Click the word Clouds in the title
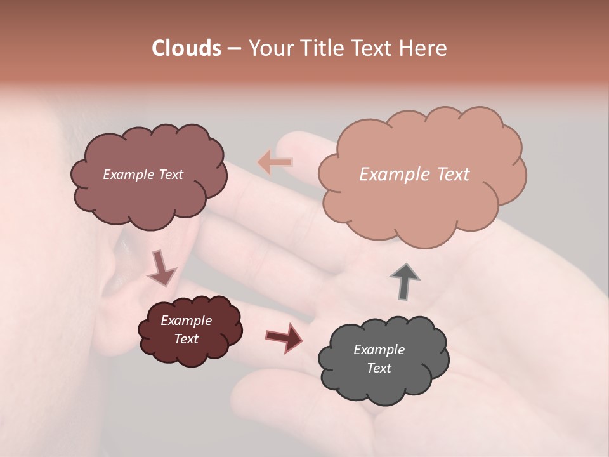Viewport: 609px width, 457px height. [x=187, y=48]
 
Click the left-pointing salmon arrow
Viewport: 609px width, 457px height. [x=275, y=162]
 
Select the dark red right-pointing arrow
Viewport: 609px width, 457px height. [x=284, y=336]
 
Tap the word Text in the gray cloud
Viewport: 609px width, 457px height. [x=379, y=368]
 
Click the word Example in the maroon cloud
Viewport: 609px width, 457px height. [x=186, y=321]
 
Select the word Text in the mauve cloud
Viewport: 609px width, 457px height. [x=170, y=175]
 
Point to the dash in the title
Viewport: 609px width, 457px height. [x=233, y=48]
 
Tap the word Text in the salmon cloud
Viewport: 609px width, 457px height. [x=452, y=175]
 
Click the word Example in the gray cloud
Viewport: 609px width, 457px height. [x=379, y=350]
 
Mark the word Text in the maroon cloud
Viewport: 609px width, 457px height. [x=187, y=339]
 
